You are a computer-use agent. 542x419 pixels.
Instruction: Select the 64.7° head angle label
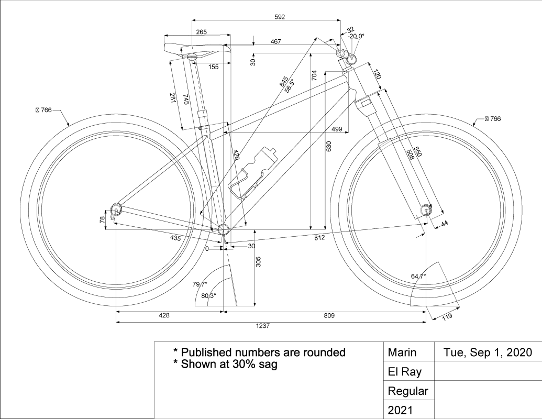click(418, 276)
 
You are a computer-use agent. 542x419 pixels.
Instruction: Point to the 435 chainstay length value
click(176, 237)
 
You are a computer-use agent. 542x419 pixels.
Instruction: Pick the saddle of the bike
click(197, 49)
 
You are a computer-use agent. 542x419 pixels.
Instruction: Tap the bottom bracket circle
click(224, 229)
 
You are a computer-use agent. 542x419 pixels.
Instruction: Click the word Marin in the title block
click(402, 352)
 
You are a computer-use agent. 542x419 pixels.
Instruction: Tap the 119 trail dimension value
click(447, 316)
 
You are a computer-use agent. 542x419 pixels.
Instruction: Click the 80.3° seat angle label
click(208, 296)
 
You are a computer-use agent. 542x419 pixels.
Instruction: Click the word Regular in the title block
click(408, 391)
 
